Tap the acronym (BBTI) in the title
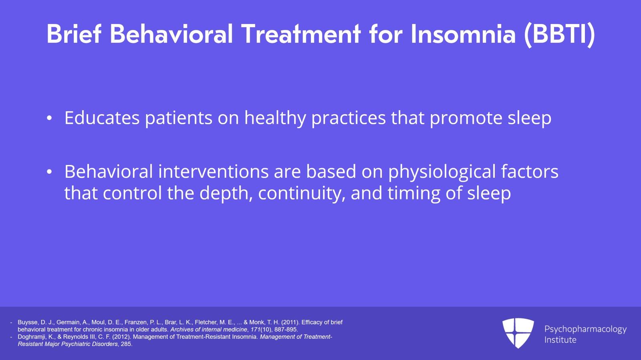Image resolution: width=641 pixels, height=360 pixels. tap(560, 34)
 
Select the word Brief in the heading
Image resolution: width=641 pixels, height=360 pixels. tap(74, 34)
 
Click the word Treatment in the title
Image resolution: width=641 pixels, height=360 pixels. tap(301, 34)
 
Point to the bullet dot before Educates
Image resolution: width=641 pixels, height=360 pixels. tap(49, 119)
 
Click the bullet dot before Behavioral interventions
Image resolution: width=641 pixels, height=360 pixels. tap(49, 172)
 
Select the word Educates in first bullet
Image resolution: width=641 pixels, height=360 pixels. tap(102, 118)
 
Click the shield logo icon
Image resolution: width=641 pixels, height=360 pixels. tap(518, 332)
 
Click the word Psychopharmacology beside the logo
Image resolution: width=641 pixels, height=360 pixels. tap(585, 329)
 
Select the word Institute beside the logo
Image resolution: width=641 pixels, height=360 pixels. tap(560, 340)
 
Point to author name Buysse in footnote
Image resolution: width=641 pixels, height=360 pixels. tap(28, 322)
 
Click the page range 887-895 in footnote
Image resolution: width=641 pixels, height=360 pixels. tap(286, 330)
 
